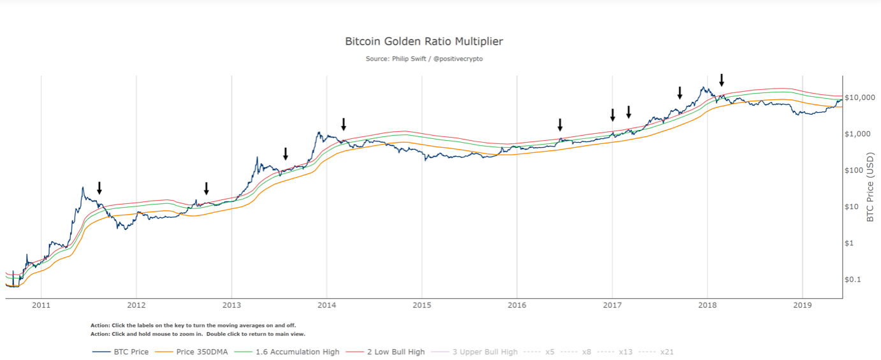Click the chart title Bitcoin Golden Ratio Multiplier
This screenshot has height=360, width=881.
pyautogui.click(x=424, y=41)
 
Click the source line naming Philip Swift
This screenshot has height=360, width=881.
pyautogui.click(x=424, y=59)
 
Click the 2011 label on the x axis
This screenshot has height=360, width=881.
pyautogui.click(x=41, y=306)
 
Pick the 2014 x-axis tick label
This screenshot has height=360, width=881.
pyautogui.click(x=326, y=306)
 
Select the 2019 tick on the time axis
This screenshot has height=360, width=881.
pyautogui.click(x=802, y=306)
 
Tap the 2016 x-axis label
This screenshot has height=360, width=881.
pyautogui.click(x=516, y=306)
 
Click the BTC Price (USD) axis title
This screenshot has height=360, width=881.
pyautogui.click(x=871, y=187)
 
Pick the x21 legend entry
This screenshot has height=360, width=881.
pyautogui.click(x=667, y=352)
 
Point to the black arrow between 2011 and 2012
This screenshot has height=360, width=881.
pyautogui.click(x=99, y=188)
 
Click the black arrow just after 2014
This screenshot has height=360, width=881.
pyautogui.click(x=344, y=124)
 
